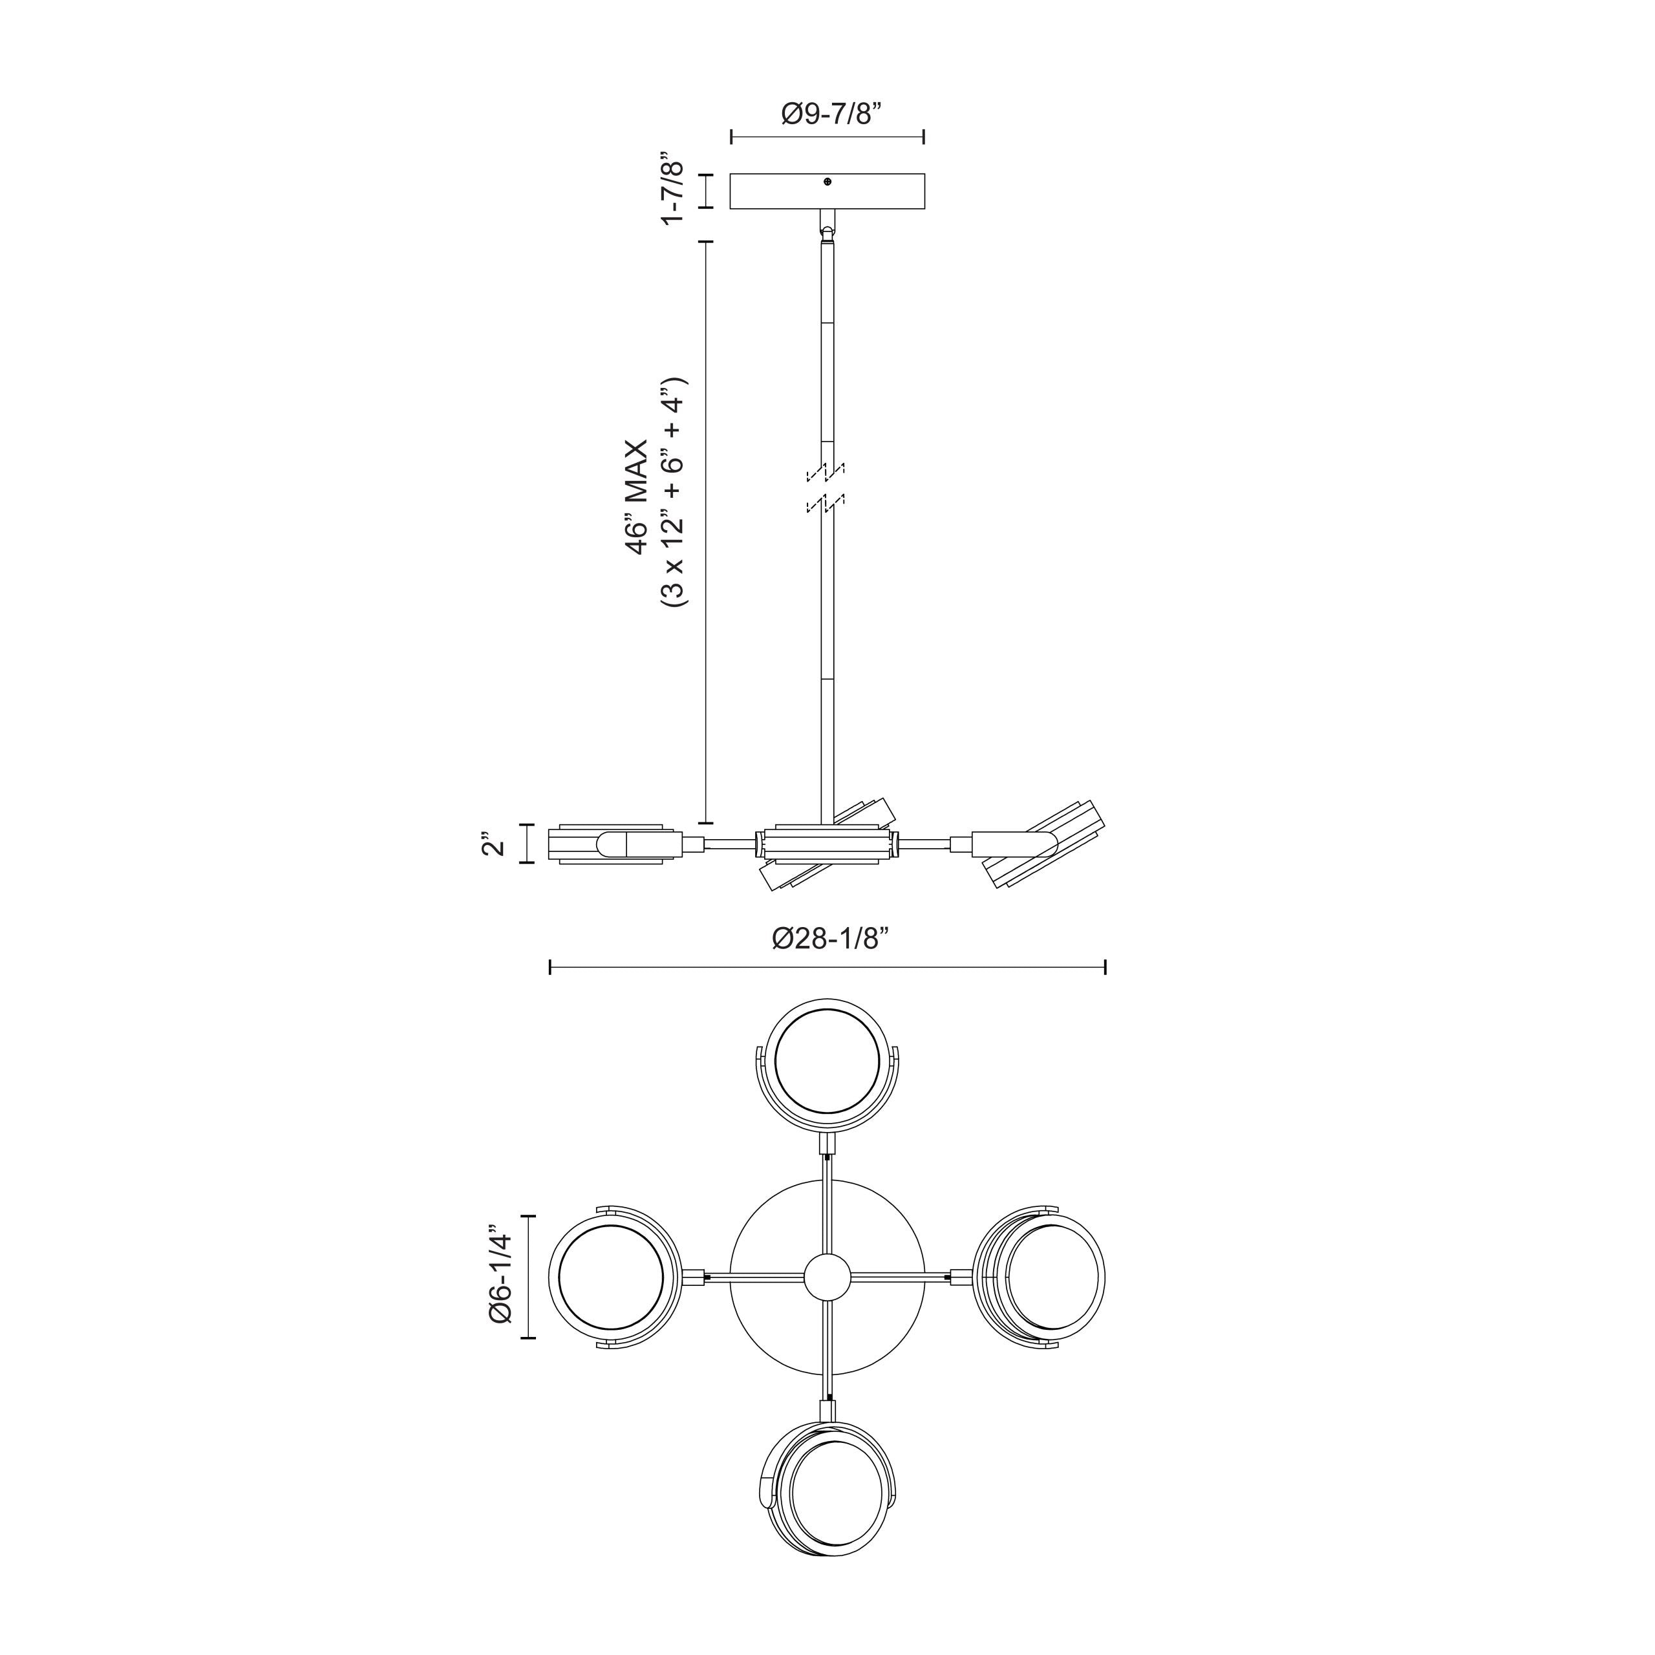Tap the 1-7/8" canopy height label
click(673, 190)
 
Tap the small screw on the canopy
click(827, 182)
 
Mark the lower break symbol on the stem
click(826, 504)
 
